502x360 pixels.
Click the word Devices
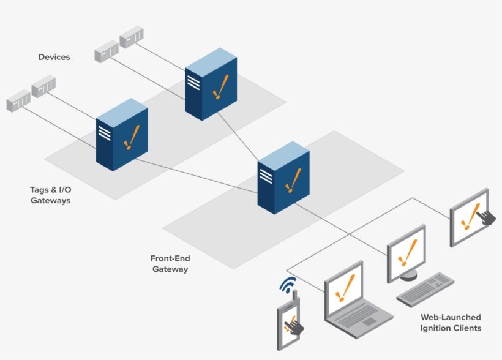[x=54, y=57]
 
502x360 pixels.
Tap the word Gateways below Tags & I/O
[x=50, y=200]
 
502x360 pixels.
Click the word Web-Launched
[x=451, y=317]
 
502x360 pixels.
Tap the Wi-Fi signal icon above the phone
[x=288, y=285]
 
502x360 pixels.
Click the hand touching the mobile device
[x=296, y=326]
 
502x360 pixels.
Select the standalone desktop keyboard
[x=425, y=290]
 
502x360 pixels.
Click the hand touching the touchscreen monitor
[x=487, y=217]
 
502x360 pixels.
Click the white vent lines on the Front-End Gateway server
[x=266, y=176]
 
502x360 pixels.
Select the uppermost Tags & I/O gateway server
[x=211, y=86]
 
